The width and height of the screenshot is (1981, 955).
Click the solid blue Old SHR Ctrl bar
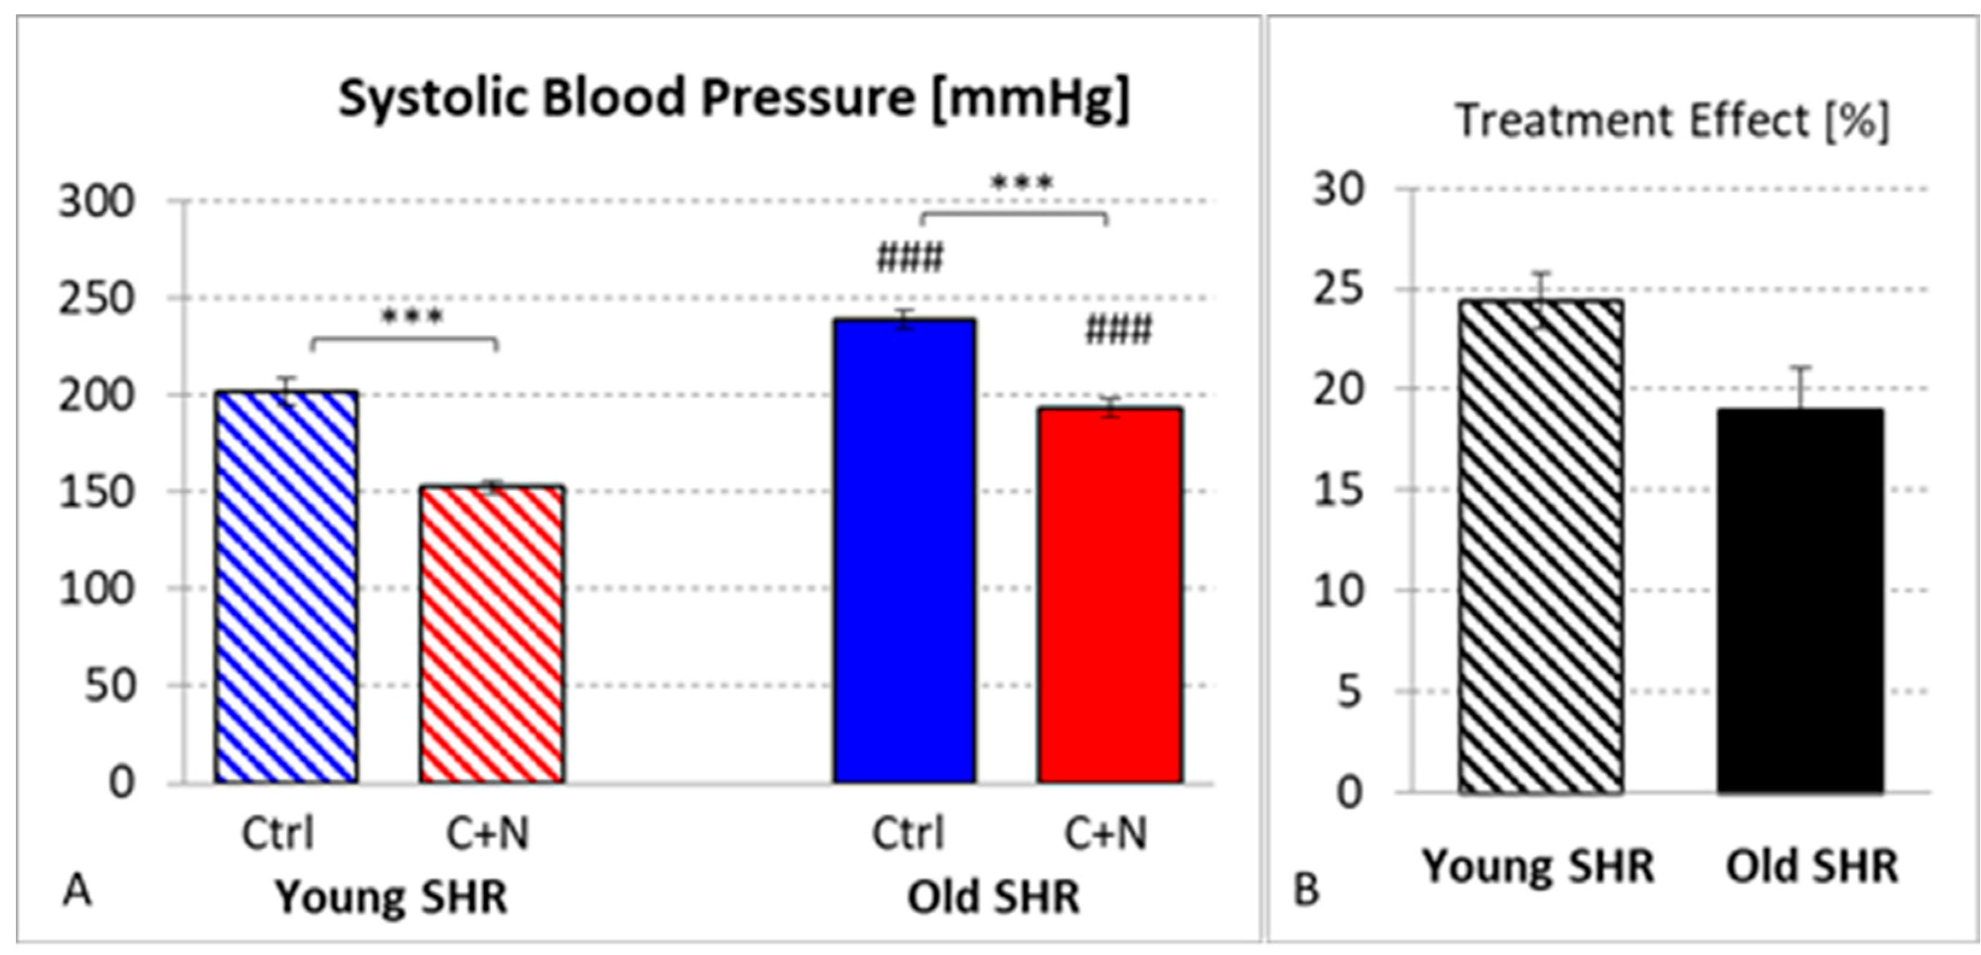tap(904, 550)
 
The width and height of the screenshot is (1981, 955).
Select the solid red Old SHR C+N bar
tap(1110, 595)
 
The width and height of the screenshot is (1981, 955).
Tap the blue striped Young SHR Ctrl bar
tap(286, 587)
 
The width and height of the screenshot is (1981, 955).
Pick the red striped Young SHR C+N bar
tap(491, 634)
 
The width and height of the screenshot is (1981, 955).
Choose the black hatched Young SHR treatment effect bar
tap(1541, 546)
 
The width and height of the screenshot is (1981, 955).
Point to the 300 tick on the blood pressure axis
tap(97, 202)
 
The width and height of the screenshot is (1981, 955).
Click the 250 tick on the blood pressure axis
tap(97, 298)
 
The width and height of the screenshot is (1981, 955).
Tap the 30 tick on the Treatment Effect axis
tap(1339, 188)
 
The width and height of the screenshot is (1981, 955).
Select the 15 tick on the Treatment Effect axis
tap(1339, 490)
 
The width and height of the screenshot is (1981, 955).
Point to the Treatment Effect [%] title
tap(1672, 121)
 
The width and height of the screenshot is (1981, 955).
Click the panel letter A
tap(77, 891)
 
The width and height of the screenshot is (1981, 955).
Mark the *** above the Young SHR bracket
tap(412, 317)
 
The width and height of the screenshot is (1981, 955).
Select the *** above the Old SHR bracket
tap(1021, 183)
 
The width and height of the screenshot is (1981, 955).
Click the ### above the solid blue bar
tap(910, 257)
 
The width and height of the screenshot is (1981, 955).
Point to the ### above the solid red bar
tap(1119, 332)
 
